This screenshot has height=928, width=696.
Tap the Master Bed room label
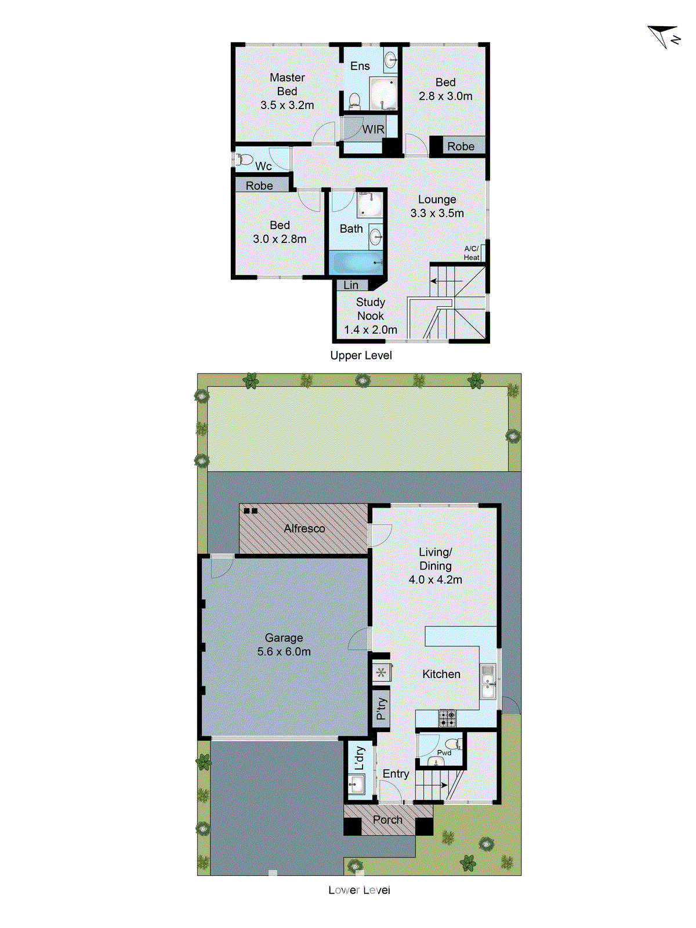pyautogui.click(x=287, y=85)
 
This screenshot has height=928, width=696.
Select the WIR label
pyautogui.click(x=373, y=129)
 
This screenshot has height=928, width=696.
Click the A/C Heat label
pyautogui.click(x=472, y=253)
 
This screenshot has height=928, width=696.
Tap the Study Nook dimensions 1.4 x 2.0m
pyautogui.click(x=371, y=330)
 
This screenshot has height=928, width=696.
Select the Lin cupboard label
pyautogui.click(x=351, y=285)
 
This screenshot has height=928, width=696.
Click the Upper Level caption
pyautogui.click(x=361, y=356)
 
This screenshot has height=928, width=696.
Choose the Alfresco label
pyautogui.click(x=304, y=528)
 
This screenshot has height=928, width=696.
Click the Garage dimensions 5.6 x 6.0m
pyautogui.click(x=284, y=652)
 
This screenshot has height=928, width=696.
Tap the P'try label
pyautogui.click(x=381, y=708)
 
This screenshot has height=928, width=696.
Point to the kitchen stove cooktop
pyautogui.click(x=447, y=719)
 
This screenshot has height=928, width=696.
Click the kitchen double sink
pyautogui.click(x=487, y=682)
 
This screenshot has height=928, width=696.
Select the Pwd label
pyautogui.click(x=444, y=753)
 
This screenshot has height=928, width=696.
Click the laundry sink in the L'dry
pyautogui.click(x=356, y=785)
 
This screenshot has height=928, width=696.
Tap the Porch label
pyautogui.click(x=387, y=820)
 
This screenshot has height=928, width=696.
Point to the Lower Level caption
pyautogui.click(x=359, y=890)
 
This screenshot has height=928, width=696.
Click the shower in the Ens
pyautogui.click(x=383, y=93)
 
